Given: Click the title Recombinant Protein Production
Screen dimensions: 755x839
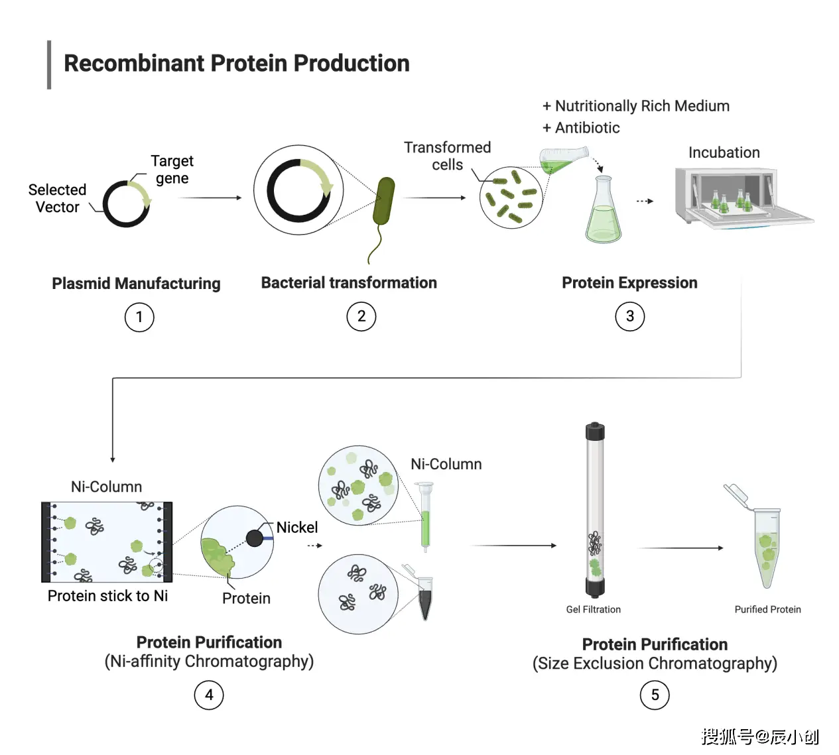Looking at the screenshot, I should (236, 64).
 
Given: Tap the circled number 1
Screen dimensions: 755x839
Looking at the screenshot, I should (139, 317).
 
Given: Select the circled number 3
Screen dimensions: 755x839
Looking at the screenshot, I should (629, 317).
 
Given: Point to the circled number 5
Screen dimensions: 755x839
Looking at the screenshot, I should (655, 695).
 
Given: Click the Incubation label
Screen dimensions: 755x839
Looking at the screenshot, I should (724, 152).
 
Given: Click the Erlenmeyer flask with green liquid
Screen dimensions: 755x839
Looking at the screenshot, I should (603, 211).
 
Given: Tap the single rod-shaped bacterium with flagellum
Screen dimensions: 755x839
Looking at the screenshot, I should (383, 202).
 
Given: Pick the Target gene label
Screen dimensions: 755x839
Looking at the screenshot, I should (172, 170).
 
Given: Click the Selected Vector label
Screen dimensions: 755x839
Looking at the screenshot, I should (57, 198).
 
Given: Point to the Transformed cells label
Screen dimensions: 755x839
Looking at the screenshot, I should (447, 156).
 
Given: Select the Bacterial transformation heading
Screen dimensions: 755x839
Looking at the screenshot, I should (349, 283).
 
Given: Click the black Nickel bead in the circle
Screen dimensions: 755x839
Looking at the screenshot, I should (255, 538).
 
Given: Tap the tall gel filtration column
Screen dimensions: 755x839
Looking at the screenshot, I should (595, 510).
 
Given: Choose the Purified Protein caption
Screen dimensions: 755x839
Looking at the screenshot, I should (767, 609).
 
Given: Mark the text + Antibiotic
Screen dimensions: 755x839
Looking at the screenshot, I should (581, 128).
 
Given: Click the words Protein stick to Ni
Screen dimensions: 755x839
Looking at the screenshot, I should (107, 596).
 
